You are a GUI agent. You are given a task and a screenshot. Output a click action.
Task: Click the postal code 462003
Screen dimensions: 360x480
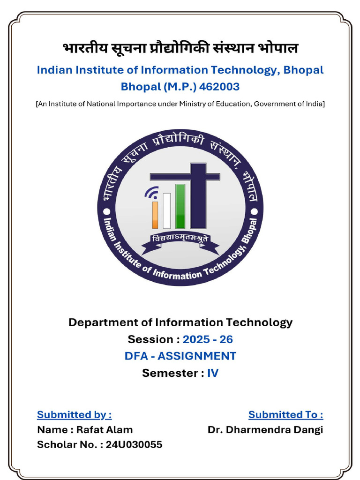pos(219,87)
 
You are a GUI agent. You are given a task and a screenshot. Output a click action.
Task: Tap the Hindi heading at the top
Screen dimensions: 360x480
pos(180,48)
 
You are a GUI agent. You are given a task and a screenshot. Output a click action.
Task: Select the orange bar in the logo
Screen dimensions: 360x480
pos(155,215)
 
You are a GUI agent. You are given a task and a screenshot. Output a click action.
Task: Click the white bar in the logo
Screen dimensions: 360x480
pos(166,211)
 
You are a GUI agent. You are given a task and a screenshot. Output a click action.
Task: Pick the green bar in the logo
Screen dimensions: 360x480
pos(180,206)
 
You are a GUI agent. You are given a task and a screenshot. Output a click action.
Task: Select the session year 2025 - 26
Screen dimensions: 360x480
pos(208,339)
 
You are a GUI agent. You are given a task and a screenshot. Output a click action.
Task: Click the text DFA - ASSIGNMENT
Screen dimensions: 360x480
pos(180,356)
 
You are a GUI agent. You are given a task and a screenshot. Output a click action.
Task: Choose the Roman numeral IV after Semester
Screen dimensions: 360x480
pos(213,373)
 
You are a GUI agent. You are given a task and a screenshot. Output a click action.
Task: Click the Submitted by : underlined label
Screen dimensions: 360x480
pos(75,414)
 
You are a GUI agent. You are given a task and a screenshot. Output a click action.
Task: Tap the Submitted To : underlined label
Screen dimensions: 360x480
pos(285,414)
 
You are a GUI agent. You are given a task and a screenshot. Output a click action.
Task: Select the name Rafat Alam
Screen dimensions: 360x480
pos(105,430)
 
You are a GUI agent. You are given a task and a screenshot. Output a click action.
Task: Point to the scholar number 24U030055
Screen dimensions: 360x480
pos(134,444)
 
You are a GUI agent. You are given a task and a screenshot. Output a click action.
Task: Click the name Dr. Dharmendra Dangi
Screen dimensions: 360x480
pos(265,430)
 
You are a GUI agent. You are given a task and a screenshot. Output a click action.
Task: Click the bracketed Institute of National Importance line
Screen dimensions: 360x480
pos(180,104)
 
